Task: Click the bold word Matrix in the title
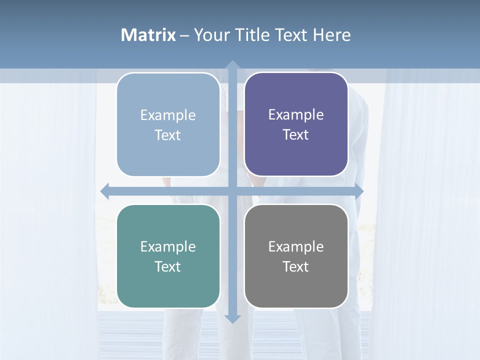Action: click(148, 35)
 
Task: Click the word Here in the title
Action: click(332, 35)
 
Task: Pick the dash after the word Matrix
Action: click(184, 35)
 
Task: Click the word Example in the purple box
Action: click(296, 115)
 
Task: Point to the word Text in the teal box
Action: click(168, 266)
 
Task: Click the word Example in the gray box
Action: click(296, 246)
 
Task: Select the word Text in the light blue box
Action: click(168, 135)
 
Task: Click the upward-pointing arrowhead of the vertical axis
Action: click(232, 65)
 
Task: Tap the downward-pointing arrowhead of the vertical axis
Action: click(232, 318)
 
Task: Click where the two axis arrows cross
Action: click(232, 191)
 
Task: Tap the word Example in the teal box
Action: click(168, 246)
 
